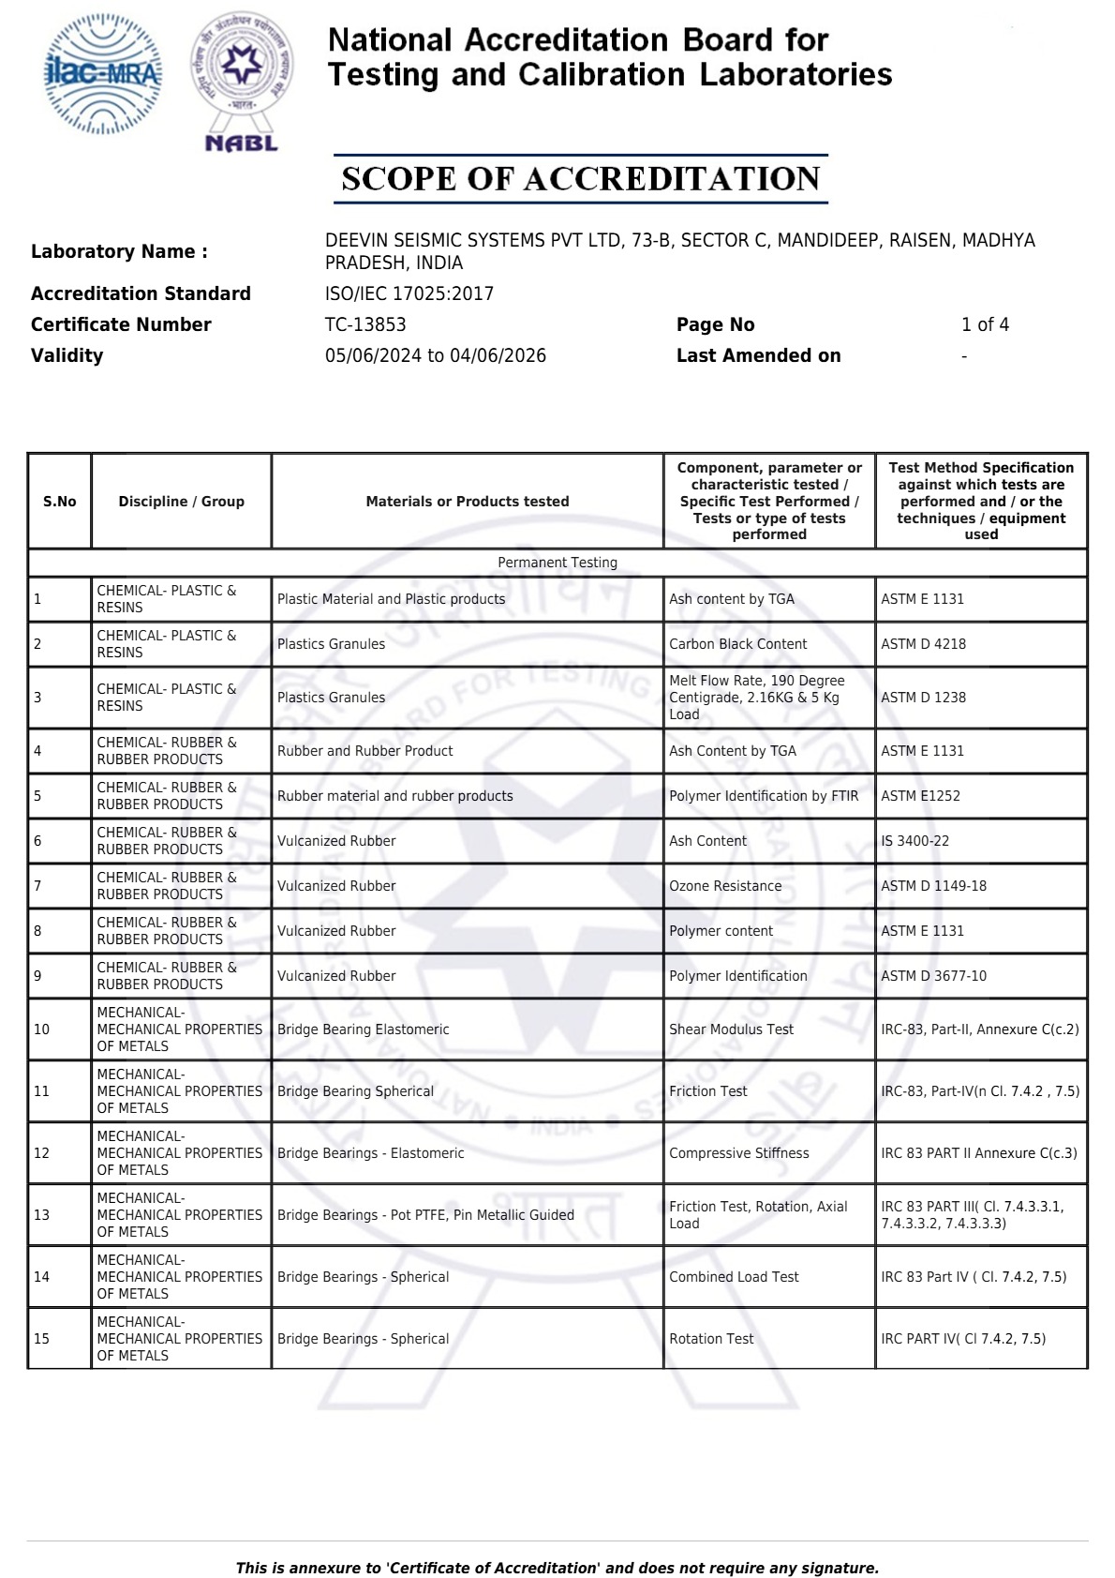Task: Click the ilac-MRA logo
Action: pyautogui.click(x=103, y=73)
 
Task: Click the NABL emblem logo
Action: pyautogui.click(x=242, y=80)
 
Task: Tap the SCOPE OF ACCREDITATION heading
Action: pyautogui.click(x=581, y=179)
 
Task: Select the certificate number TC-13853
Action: pyautogui.click(x=365, y=324)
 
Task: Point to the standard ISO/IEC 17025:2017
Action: pyautogui.click(x=409, y=293)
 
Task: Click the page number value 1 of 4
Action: pyautogui.click(x=985, y=324)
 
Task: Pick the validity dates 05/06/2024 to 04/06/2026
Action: pyautogui.click(x=436, y=355)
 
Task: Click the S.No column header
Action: pyautogui.click(x=60, y=502)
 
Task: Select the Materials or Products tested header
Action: pyautogui.click(x=468, y=502)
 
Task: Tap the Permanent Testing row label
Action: pyautogui.click(x=557, y=563)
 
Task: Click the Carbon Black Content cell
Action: pyautogui.click(x=737, y=644)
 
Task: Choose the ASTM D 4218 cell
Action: pyautogui.click(x=923, y=644)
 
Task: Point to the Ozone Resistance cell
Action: pyautogui.click(x=725, y=886)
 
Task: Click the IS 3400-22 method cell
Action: pyautogui.click(x=914, y=841)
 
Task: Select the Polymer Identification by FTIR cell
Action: pyautogui.click(x=764, y=796)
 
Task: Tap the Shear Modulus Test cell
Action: pyautogui.click(x=731, y=1029)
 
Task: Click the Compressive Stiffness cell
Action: pyautogui.click(x=739, y=1153)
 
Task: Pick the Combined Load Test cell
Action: pyautogui.click(x=734, y=1277)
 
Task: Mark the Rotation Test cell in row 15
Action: pyautogui.click(x=711, y=1339)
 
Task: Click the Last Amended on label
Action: pyautogui.click(x=758, y=355)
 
